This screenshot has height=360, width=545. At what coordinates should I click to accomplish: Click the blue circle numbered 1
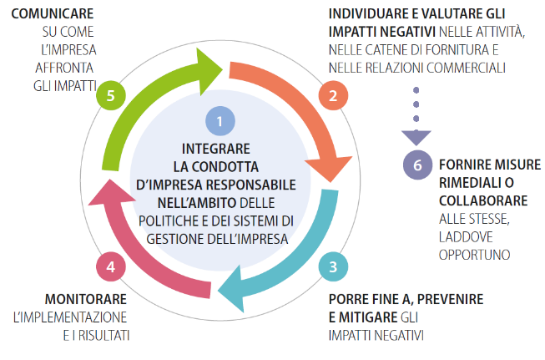(x=220, y=121)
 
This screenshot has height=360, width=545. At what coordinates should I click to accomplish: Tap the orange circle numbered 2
(x=333, y=96)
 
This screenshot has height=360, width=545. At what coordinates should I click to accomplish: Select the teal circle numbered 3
(x=333, y=266)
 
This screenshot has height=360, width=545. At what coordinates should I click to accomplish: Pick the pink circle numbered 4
(x=111, y=266)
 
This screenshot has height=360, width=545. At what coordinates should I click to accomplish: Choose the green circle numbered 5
(x=111, y=96)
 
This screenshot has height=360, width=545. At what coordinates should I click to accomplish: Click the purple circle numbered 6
(x=417, y=165)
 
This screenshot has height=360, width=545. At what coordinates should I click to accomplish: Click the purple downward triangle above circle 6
(x=416, y=138)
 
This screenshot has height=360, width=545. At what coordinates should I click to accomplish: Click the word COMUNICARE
(x=53, y=14)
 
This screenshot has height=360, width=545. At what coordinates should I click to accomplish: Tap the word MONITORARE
(x=86, y=299)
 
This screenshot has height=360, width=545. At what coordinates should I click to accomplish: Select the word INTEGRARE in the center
(x=216, y=149)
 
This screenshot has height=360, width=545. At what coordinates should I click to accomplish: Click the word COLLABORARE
(x=483, y=200)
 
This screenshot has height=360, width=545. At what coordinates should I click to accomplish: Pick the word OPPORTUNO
(x=474, y=255)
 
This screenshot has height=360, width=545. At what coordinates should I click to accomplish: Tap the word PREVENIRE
(x=450, y=299)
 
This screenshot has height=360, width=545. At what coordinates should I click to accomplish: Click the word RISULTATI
(x=104, y=336)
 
